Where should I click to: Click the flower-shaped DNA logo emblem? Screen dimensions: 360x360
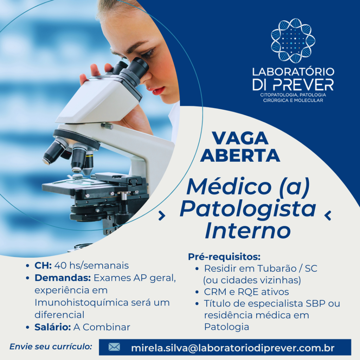tap(293, 41)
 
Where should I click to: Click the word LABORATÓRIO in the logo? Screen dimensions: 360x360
tap(293, 71)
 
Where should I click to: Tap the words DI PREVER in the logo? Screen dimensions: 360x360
tap(293, 84)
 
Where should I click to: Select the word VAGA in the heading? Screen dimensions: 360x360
tap(240, 138)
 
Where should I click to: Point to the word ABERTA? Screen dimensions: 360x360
tap(240, 155)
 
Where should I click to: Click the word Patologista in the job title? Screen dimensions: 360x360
tap(248, 209)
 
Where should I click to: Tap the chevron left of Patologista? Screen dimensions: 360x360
tap(162, 216)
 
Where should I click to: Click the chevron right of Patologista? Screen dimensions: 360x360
tap(328, 216)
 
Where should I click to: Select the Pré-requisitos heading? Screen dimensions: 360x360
tap(224, 257)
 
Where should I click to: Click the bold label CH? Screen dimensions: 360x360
tap(43, 265)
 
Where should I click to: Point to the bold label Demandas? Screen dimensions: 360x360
tap(63, 278)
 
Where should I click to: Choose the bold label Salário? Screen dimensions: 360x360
tap(53, 327)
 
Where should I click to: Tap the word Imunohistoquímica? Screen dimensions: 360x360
tap(81, 303)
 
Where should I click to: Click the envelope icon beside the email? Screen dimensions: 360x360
tap(114, 347)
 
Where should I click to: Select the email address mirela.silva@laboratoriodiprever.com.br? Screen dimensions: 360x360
tap(233, 348)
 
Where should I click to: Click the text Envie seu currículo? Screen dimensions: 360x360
tap(51, 346)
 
